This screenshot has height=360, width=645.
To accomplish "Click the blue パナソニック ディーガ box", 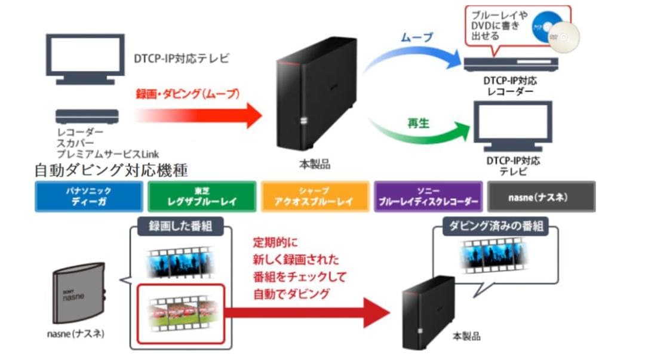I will (88, 196).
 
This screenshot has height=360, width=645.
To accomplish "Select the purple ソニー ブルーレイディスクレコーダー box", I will (428, 196).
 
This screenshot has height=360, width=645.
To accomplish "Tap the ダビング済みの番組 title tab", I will (496, 227).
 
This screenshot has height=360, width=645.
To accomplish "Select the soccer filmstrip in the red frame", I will (180, 312).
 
